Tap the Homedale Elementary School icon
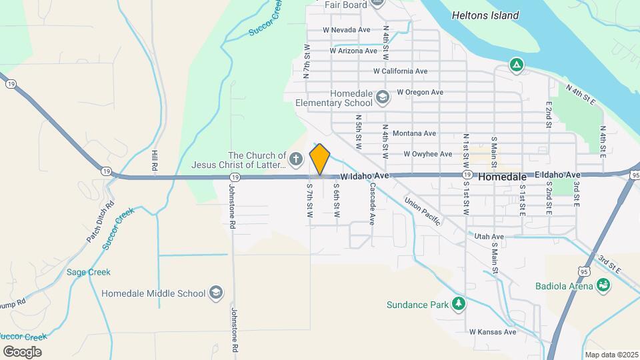(x=382, y=98)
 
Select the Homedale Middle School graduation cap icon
(x=215, y=293)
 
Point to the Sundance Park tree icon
(x=457, y=305)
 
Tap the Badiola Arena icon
(x=603, y=287)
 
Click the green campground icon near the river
(x=515, y=65)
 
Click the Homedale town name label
(x=503, y=177)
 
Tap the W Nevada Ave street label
(x=346, y=30)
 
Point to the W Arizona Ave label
(x=353, y=51)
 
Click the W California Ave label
(x=400, y=71)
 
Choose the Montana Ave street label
(x=414, y=133)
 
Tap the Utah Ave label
(x=489, y=237)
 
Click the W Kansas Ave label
(x=493, y=331)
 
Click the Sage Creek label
(x=89, y=272)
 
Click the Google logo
(x=22, y=351)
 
